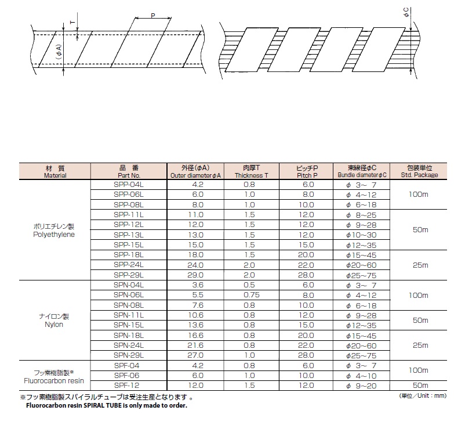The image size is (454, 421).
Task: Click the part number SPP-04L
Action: [128, 184]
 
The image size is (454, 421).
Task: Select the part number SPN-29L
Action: [128, 355]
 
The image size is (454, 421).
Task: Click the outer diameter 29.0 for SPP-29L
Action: [198, 274]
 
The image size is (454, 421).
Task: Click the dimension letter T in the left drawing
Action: [72, 22]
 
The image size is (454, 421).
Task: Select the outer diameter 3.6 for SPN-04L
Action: [198, 285]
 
